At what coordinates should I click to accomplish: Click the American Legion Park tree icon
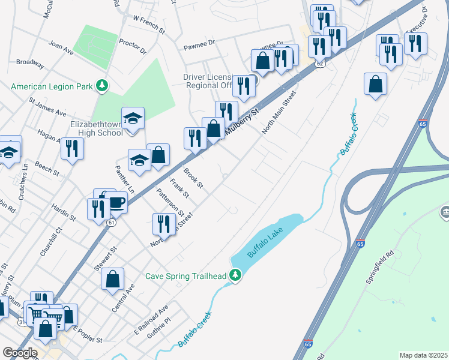pyautogui.click(x=103, y=86)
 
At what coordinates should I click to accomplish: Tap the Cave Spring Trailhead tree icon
pyautogui.click(x=237, y=276)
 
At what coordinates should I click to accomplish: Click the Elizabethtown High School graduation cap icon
pyautogui.click(x=133, y=117)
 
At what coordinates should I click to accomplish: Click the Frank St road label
pyautogui.click(x=179, y=188)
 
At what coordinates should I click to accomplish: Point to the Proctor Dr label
pyautogui.click(x=133, y=47)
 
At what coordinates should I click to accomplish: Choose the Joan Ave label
pyautogui.click(x=61, y=48)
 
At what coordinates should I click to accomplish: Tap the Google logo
pyautogui.click(x=19, y=353)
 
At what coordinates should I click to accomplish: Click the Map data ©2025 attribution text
pyautogui.click(x=423, y=355)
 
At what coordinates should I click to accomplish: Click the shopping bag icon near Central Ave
pyautogui.click(x=112, y=279)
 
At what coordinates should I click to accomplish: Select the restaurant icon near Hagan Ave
pyautogui.click(x=72, y=148)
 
